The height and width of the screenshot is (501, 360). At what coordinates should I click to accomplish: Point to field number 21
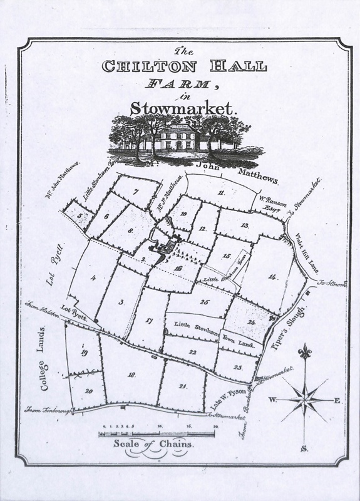click(183, 385)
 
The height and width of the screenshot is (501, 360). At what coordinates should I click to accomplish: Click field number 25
click(204, 302)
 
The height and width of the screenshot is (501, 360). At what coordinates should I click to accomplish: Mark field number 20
click(88, 391)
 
